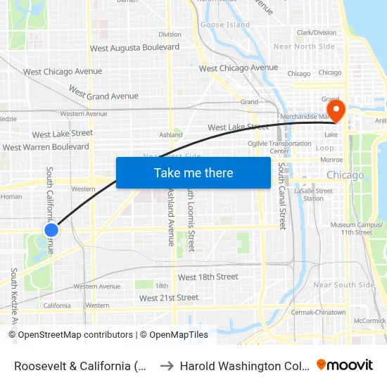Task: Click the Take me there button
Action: click(x=193, y=172)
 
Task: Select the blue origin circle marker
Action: click(x=51, y=230)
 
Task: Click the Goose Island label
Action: click(x=225, y=25)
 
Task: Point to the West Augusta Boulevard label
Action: click(x=134, y=47)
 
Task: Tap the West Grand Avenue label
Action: click(x=103, y=92)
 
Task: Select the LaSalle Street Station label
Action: click(x=313, y=194)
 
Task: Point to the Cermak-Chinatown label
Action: click(x=320, y=312)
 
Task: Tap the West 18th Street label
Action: click(x=208, y=277)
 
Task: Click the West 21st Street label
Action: click(x=169, y=298)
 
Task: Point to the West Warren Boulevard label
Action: click(x=46, y=147)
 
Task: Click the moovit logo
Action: click(x=344, y=364)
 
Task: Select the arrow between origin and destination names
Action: click(x=166, y=366)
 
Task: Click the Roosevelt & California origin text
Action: click(x=82, y=366)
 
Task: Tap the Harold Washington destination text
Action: click(x=243, y=366)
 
